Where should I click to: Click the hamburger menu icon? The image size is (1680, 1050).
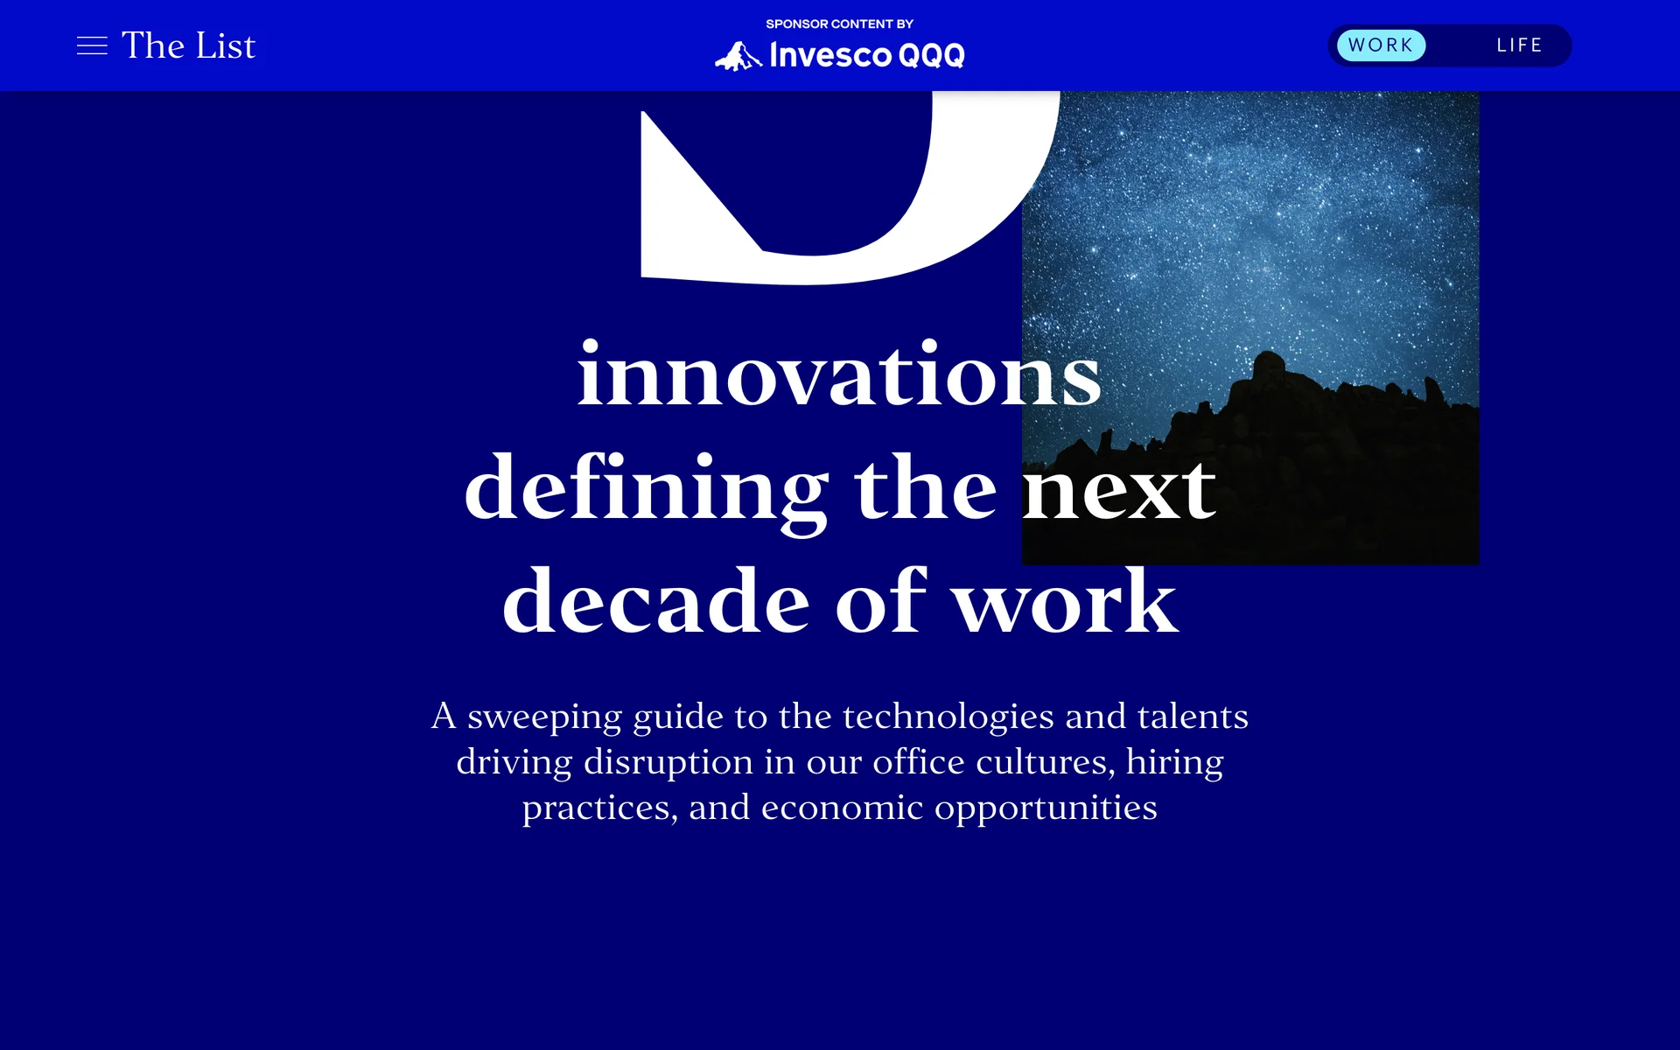point(92,45)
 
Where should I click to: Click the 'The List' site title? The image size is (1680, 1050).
point(188,45)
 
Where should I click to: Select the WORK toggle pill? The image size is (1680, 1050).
point(1381,45)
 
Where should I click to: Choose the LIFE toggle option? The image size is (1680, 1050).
point(1519,45)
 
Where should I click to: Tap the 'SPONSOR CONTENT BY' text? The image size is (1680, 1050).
point(839,24)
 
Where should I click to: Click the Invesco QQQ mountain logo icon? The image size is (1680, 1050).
point(738,56)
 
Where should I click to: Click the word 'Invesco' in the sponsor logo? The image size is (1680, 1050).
point(830,55)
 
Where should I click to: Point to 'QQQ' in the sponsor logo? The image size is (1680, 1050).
point(931,56)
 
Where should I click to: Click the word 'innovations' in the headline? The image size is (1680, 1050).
point(839,374)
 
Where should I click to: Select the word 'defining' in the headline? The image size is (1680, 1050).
point(647,490)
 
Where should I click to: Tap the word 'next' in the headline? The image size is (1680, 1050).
point(1119,490)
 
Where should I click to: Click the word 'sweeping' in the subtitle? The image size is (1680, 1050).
point(544,717)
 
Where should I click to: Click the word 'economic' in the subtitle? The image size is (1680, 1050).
point(842,807)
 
